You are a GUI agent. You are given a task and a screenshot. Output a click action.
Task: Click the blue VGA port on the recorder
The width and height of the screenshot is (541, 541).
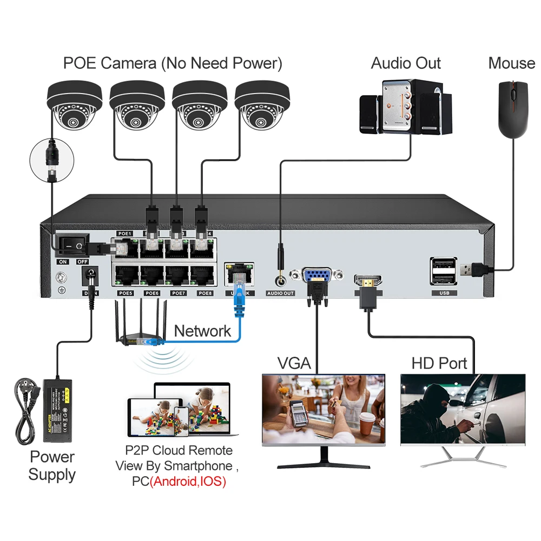[315, 275]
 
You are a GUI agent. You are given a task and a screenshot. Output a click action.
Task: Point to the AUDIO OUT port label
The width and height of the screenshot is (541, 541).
[280, 293]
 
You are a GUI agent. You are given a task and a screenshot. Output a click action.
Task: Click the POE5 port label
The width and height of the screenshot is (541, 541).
[126, 293]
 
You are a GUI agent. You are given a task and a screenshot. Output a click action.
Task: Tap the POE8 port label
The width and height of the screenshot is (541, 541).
[205, 293]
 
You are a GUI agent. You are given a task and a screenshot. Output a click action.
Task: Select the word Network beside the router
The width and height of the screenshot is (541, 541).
[202, 331]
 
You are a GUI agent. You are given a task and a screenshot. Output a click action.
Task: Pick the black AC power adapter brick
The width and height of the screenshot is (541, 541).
[60, 404]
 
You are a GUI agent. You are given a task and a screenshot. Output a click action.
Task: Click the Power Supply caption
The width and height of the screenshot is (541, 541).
[52, 466]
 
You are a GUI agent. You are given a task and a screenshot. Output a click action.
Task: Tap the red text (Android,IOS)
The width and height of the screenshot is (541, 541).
[187, 481]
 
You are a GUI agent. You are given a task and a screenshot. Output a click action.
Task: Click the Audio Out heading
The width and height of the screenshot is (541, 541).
[406, 63]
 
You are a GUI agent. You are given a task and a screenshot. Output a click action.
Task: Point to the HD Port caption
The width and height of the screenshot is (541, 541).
[439, 362]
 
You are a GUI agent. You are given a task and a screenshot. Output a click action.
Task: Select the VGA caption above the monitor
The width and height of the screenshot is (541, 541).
[294, 362]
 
